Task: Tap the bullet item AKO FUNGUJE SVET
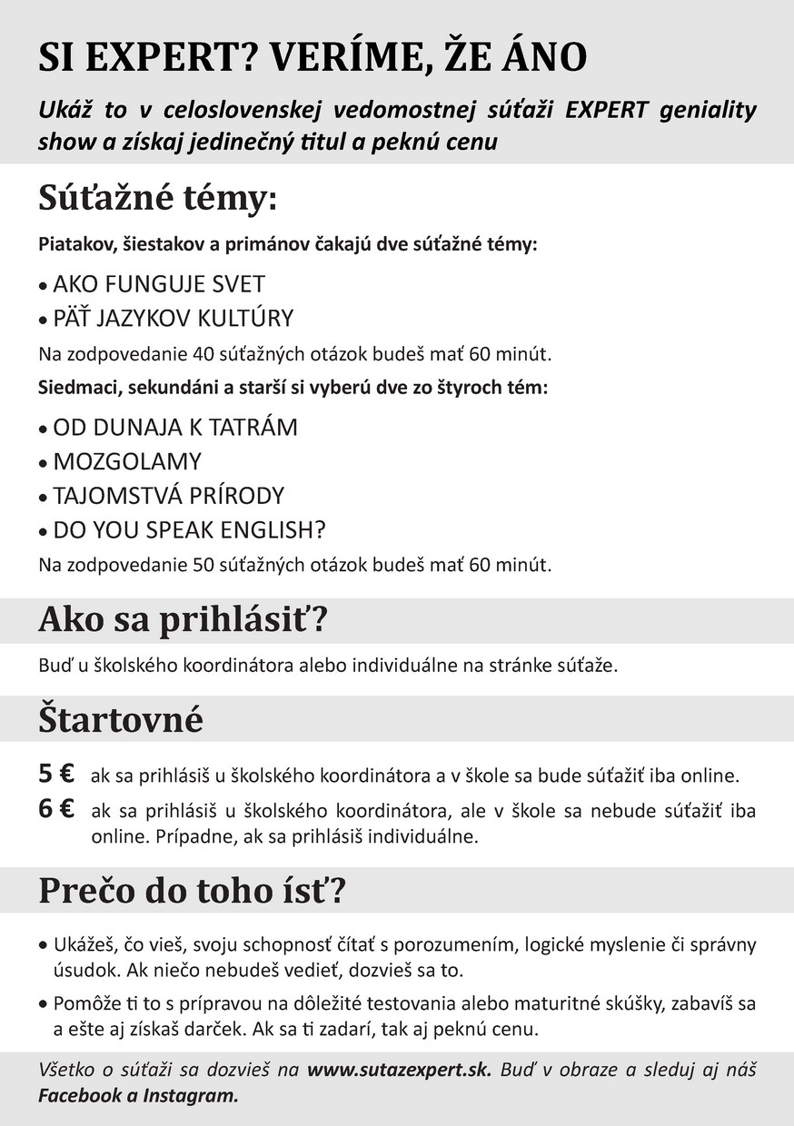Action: click(159, 283)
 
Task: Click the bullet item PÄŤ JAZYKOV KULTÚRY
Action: click(174, 318)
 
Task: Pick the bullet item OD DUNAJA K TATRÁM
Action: click(175, 427)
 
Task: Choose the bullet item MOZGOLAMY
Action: click(127, 461)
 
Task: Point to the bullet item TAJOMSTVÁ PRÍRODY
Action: click(169, 496)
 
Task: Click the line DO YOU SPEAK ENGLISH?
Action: click(189, 530)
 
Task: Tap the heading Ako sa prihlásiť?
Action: click(183, 621)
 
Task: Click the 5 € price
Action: click(56, 775)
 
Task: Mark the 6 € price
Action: click(56, 809)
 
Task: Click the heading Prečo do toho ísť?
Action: click(193, 891)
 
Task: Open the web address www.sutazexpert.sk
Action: click(399, 1070)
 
